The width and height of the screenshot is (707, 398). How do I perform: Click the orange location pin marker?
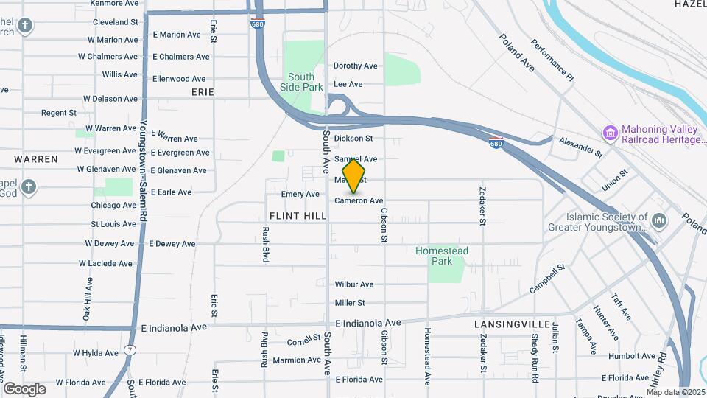tap(354, 177)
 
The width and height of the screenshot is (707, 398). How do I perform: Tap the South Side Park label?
tap(301, 82)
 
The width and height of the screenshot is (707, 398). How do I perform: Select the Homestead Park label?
tap(441, 256)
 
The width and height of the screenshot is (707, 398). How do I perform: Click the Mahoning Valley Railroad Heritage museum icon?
tap(610, 133)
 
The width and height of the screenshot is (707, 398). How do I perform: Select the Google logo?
tap(24, 388)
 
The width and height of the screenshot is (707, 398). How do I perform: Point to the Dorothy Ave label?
tap(356, 66)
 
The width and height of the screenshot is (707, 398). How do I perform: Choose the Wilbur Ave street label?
tap(354, 284)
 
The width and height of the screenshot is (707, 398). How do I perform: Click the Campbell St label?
tap(546, 279)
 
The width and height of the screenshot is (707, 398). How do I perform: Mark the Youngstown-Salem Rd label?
tap(144, 169)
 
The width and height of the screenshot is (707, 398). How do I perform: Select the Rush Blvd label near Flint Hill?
tap(265, 244)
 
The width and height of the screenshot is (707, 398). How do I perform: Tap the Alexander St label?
tap(580, 146)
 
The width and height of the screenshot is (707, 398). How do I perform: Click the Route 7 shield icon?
tap(130, 349)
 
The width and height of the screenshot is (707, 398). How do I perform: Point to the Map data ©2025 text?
tap(676, 392)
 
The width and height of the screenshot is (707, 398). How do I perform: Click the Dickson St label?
tap(353, 138)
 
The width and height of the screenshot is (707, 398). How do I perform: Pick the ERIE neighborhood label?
tap(203, 92)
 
